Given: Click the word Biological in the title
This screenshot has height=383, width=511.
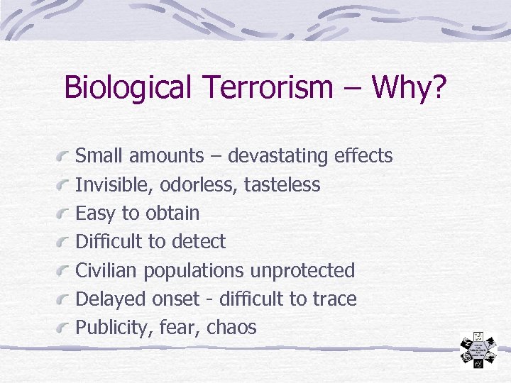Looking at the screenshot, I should tap(127, 88).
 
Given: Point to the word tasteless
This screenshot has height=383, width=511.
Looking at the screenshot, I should tap(282, 185).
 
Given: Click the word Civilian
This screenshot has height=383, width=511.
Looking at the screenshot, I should tap(107, 270).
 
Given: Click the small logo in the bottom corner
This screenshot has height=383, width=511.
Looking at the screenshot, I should tap(478, 350).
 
